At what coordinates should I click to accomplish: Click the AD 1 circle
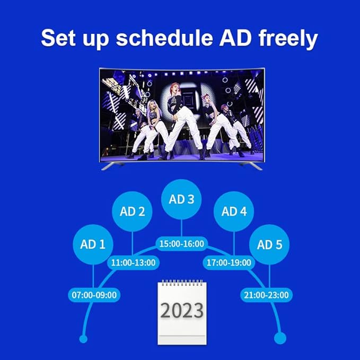click(x=93, y=244)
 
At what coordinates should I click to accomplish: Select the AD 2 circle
click(x=132, y=212)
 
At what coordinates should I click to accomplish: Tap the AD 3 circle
click(x=181, y=199)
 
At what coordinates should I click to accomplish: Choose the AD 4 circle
click(x=234, y=212)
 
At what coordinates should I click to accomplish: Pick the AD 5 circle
click(x=269, y=244)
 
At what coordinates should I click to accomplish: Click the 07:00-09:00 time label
click(x=94, y=295)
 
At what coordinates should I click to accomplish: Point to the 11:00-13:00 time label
click(x=133, y=262)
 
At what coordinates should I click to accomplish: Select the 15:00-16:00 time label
click(x=182, y=244)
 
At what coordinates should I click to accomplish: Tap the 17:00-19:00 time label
click(x=229, y=262)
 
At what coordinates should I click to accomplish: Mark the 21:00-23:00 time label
click(x=266, y=295)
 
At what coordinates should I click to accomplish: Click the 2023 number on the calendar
click(x=182, y=310)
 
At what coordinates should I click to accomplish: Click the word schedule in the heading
click(x=164, y=38)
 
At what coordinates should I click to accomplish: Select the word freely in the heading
click(x=288, y=39)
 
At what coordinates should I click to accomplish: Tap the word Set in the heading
click(x=58, y=38)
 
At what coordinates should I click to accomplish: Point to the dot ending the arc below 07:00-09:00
click(x=83, y=339)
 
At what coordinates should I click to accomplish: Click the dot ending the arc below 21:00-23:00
click(x=280, y=338)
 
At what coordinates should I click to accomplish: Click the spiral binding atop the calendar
click(x=182, y=283)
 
